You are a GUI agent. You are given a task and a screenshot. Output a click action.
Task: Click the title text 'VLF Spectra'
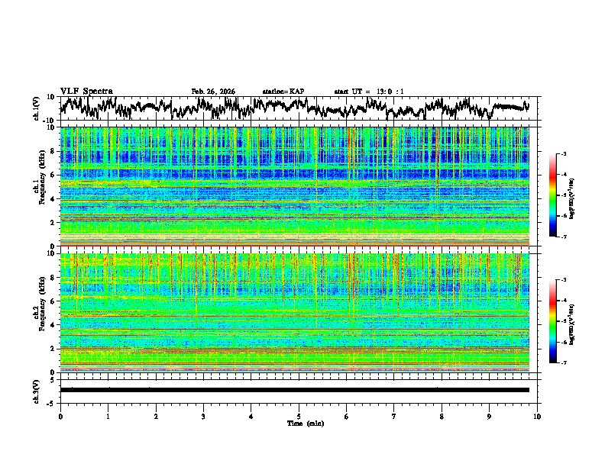pyautogui.click(x=86, y=91)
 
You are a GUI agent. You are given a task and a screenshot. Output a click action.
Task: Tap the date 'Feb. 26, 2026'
pyautogui.click(x=213, y=92)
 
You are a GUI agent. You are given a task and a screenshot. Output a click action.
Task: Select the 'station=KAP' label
pyautogui.click(x=283, y=92)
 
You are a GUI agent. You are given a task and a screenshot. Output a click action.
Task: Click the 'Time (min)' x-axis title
pyautogui.click(x=299, y=423)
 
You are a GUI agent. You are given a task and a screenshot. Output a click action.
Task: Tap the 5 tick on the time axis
pyautogui.click(x=299, y=416)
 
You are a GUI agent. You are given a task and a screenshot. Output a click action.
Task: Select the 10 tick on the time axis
pyautogui.click(x=537, y=416)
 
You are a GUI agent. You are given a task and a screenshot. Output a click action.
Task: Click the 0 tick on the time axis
pyautogui.click(x=60, y=416)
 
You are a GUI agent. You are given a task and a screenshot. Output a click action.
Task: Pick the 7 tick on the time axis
pyautogui.click(x=394, y=416)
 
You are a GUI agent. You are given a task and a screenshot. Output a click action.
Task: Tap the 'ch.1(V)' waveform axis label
pyautogui.click(x=37, y=108)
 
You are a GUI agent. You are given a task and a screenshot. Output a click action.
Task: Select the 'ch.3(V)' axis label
pyautogui.click(x=37, y=389)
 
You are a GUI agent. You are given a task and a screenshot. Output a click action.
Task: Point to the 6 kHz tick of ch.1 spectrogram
pyautogui.click(x=53, y=175)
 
